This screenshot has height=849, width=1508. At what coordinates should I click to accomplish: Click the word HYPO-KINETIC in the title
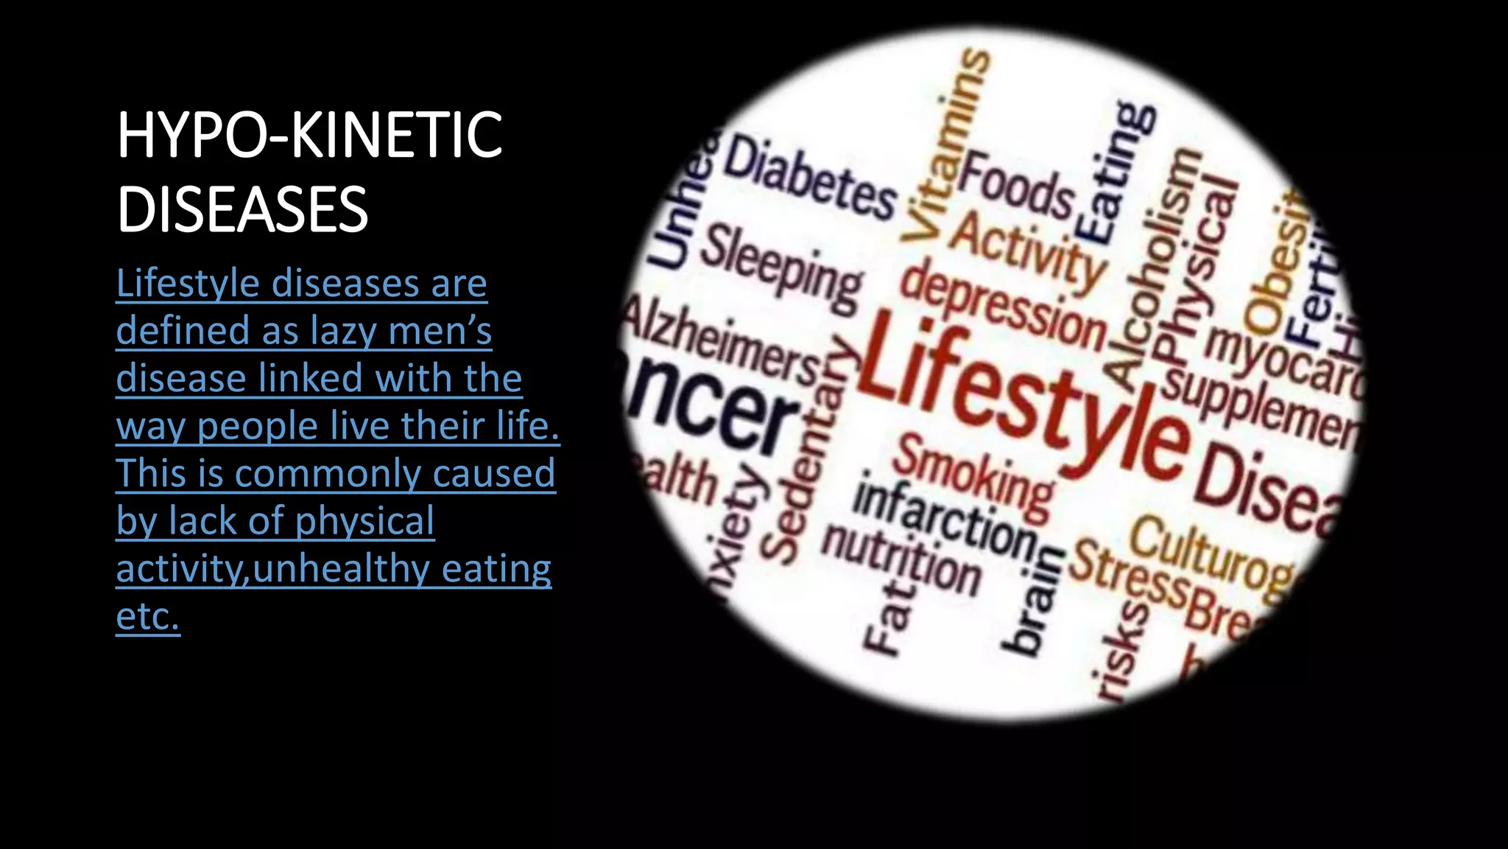click(309, 135)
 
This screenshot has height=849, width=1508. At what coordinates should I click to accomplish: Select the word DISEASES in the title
click(242, 209)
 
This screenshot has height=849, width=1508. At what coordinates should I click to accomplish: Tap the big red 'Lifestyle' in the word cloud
click(1023, 398)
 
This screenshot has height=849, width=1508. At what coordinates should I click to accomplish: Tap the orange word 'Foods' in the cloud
click(1016, 184)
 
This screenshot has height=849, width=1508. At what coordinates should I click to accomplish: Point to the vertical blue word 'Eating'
click(1116, 173)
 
